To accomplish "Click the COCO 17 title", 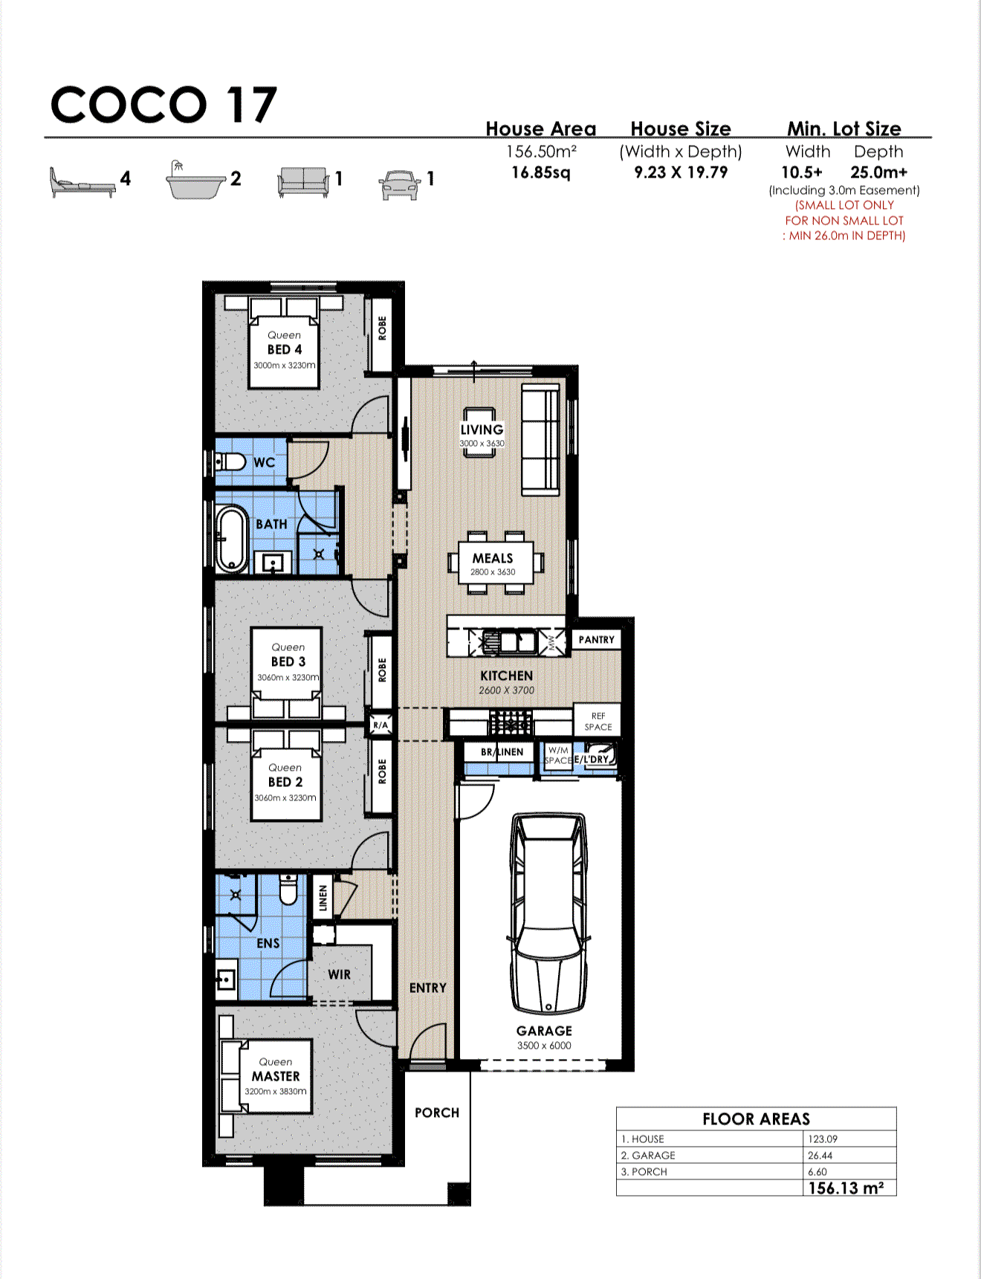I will coord(163,105).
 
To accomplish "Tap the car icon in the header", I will coord(399,185).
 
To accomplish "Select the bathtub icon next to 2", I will coord(195,181).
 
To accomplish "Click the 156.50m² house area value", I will coord(541,152).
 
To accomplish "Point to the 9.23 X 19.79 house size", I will coord(680,172).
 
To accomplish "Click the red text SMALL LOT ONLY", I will coord(844,205).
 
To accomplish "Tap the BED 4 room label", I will coord(285,349).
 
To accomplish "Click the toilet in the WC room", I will coord(231,462).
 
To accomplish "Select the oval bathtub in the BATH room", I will coord(232,539).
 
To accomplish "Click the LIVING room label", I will coord(482,430).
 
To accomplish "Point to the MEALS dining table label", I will coord(493,558).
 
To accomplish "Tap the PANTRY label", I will coord(596,640).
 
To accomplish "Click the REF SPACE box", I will coord(598,721).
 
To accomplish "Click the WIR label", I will coord(339,974).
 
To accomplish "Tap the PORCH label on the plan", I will coord(436,1113).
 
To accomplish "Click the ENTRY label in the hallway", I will coord(427,988).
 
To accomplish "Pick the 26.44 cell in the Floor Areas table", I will coord(820,1156).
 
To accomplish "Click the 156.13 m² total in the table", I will coord(846,1188).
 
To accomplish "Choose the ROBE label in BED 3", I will coord(382,670).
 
